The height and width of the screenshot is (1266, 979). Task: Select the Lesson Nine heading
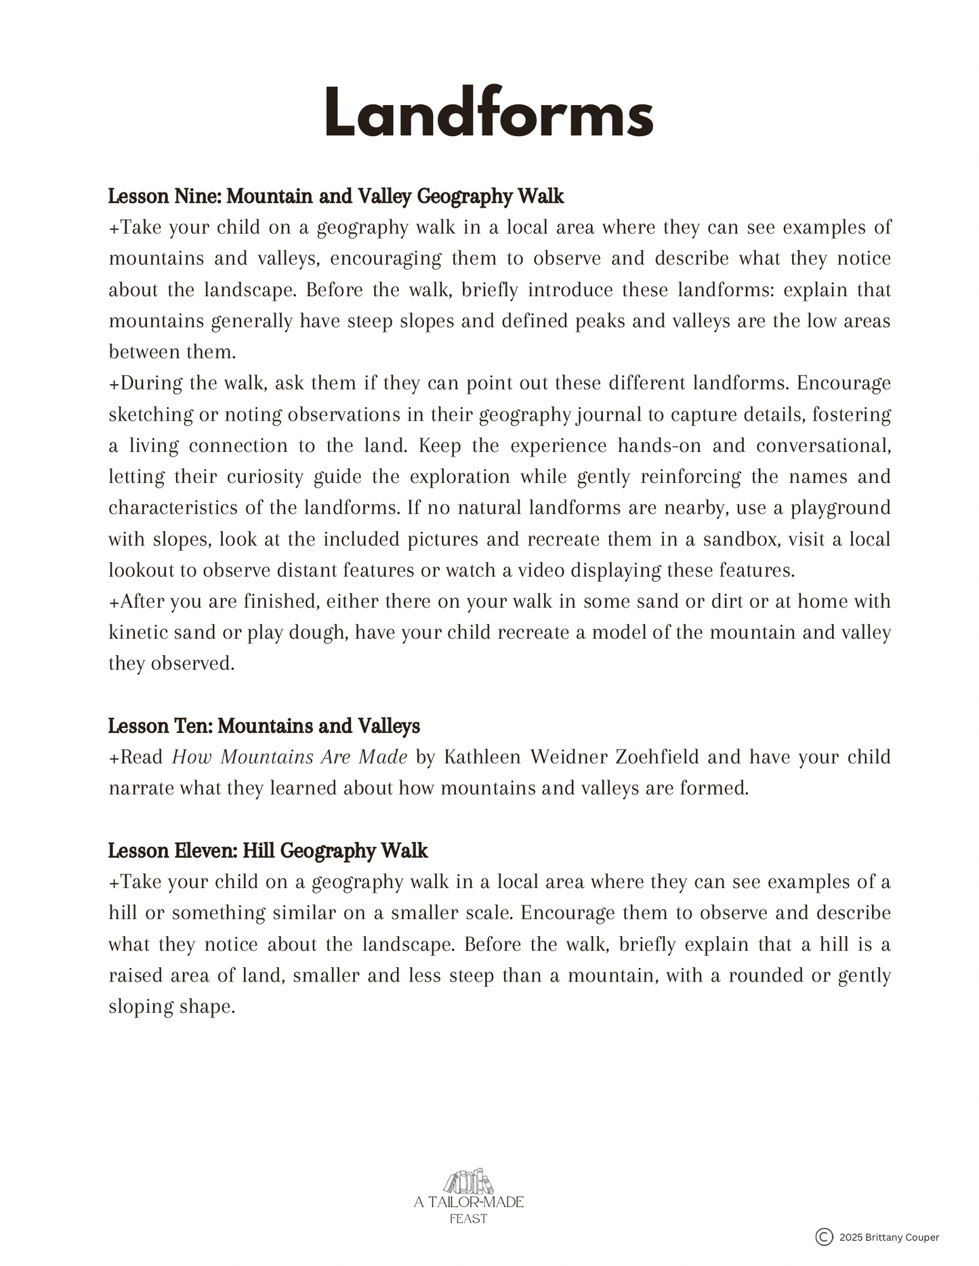coord(336,196)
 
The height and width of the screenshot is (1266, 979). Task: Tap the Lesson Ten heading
coord(264,726)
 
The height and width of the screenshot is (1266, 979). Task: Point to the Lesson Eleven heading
coord(268,851)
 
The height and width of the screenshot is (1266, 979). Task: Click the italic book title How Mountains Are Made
coord(289,757)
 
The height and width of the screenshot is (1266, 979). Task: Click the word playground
coord(840,508)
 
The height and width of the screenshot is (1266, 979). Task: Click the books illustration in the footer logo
coord(468,1182)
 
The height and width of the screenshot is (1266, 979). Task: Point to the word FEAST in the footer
coord(468,1219)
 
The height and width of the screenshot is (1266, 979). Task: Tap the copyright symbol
coord(824,1237)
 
